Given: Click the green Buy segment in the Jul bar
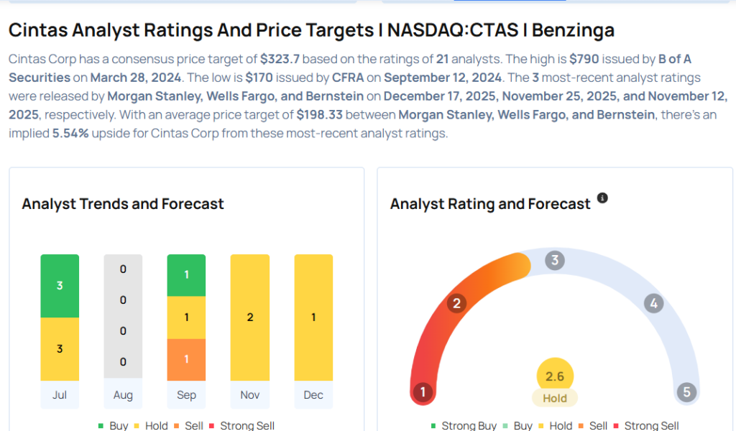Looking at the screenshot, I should pos(60,286).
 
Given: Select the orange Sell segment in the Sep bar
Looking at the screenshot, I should pos(186,359).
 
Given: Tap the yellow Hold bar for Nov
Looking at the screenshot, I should pos(250,318).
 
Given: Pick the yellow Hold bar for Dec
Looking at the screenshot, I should pos(313,318).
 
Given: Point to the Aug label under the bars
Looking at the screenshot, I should pos(123,395).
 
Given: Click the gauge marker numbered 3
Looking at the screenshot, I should pos(553,260).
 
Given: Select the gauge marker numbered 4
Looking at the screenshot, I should pos(653,304).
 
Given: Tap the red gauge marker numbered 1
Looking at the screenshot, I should pos(423,392).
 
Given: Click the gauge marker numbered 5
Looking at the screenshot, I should pos(686,392).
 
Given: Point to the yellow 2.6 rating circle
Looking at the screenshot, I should pos(555,376).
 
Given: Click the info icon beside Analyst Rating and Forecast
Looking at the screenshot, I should pos(602,198).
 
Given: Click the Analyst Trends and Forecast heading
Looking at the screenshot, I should pos(123,204).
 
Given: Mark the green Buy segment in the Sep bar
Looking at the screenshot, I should pos(186,275).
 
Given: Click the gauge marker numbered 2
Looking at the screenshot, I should pos(456,303).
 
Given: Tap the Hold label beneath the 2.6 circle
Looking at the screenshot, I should pos(555,398).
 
